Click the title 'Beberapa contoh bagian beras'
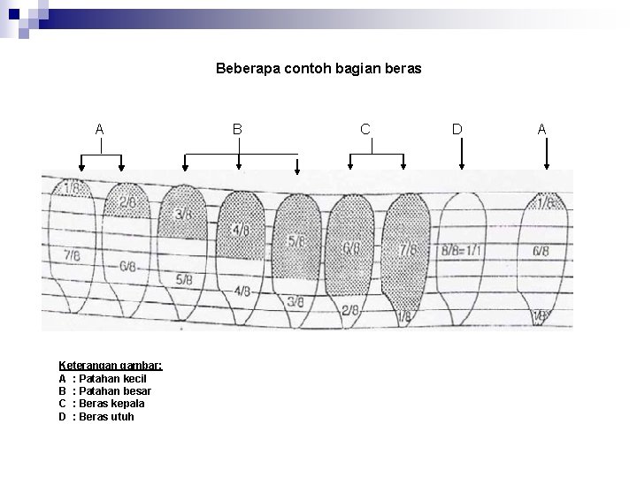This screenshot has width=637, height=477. coord(318,66)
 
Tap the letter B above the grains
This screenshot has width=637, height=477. coord(237,129)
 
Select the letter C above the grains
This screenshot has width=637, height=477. coord(365,129)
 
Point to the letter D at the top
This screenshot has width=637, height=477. coord(457,129)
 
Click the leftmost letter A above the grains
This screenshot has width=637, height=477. coord(100,129)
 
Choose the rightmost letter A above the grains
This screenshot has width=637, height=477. coord(542,129)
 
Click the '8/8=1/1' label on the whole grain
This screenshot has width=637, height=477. coord(463,250)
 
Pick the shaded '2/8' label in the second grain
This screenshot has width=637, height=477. coord(128,202)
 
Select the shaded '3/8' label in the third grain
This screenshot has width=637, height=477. coord(184,215)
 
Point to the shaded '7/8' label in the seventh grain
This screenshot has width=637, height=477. coord(408,249)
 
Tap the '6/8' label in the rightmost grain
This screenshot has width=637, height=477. coord(541,251)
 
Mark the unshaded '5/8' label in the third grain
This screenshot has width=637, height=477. coord(185,280)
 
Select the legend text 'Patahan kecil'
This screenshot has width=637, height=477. coord(113,378)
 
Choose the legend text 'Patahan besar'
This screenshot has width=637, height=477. coord(115,390)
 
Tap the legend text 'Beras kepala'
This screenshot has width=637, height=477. coord(111,404)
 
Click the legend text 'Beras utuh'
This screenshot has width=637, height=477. coord(106,416)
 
